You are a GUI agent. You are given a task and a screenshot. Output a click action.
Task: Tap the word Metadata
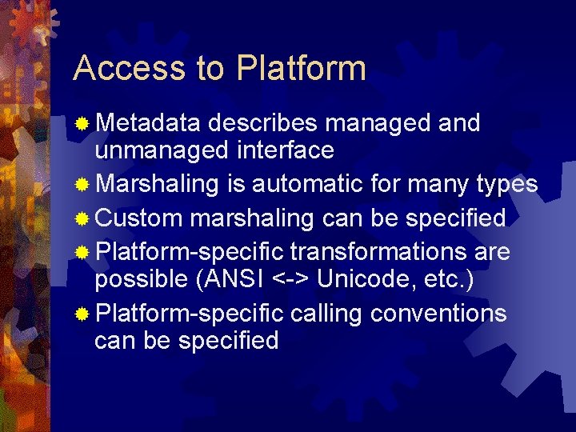click(x=150, y=123)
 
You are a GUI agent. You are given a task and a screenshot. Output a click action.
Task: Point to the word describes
click(x=266, y=123)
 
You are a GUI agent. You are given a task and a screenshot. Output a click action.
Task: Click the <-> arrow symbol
click(x=290, y=279)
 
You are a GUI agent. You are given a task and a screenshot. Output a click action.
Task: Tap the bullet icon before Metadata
click(x=82, y=125)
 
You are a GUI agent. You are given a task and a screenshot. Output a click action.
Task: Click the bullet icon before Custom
click(x=82, y=218)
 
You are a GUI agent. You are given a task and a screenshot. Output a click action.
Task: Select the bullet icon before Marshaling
click(x=82, y=186)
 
